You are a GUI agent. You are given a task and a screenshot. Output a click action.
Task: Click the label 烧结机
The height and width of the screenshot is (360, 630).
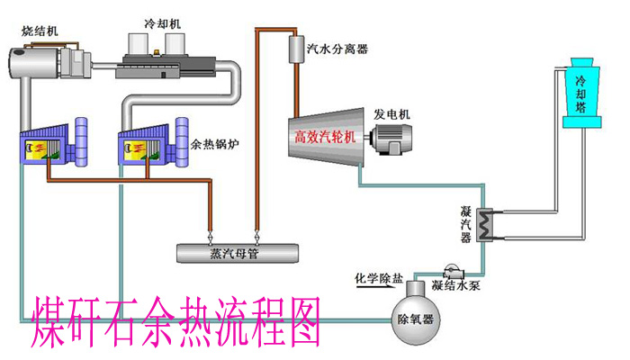click(x=40, y=31)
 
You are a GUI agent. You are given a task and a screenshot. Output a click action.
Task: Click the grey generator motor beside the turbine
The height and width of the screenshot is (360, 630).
click(x=391, y=138)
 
